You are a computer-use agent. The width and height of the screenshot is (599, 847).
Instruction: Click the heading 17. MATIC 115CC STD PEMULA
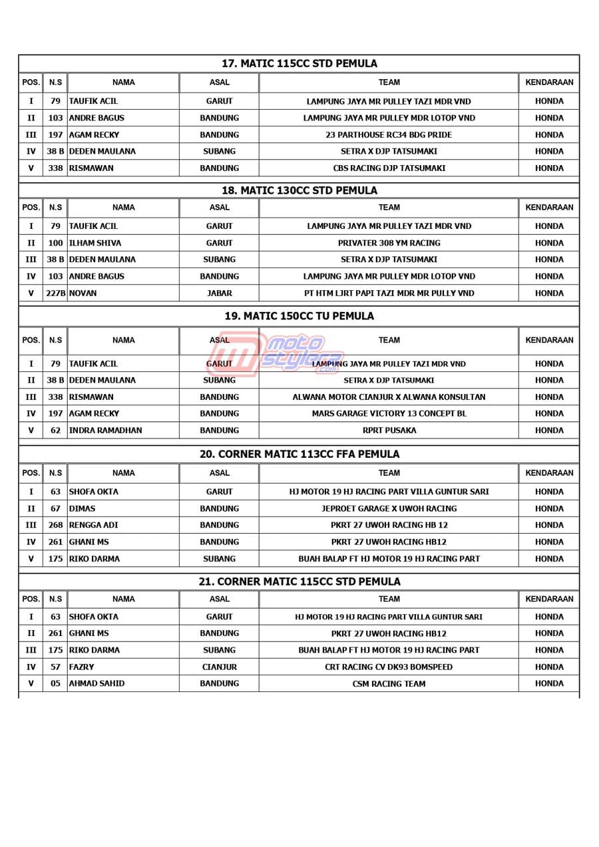click(299, 64)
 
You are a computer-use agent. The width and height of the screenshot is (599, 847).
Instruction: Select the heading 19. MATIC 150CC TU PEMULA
click(299, 316)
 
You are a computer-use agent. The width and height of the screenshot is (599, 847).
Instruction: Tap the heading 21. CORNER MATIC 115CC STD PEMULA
click(299, 582)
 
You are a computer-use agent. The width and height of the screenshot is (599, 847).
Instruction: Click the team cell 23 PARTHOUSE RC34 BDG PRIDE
click(389, 135)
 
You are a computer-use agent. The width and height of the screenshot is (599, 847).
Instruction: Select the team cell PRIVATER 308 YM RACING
click(389, 243)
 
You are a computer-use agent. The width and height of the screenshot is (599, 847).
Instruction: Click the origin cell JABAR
click(219, 293)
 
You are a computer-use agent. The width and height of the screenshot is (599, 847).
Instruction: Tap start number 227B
click(55, 293)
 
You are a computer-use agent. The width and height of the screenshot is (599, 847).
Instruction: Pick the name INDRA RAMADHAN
click(105, 430)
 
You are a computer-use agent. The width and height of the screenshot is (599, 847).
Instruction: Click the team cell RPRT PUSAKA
click(389, 430)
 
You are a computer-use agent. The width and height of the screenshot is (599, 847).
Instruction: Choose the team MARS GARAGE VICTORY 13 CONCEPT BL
click(389, 414)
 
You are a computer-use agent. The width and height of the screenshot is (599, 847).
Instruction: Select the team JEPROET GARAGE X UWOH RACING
click(389, 509)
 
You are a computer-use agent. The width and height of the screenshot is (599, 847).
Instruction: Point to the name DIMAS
click(82, 509)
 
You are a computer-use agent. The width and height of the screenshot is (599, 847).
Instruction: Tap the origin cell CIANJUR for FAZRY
click(219, 667)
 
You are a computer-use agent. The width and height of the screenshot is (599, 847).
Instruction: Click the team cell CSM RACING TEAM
click(389, 684)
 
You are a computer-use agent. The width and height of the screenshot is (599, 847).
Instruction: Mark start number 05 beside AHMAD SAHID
click(55, 684)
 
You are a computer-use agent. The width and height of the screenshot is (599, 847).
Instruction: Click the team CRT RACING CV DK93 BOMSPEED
click(389, 667)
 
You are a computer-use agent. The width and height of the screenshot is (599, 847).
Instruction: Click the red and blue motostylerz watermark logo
click(280, 355)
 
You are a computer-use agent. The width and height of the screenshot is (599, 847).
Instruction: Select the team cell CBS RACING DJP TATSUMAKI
click(389, 168)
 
